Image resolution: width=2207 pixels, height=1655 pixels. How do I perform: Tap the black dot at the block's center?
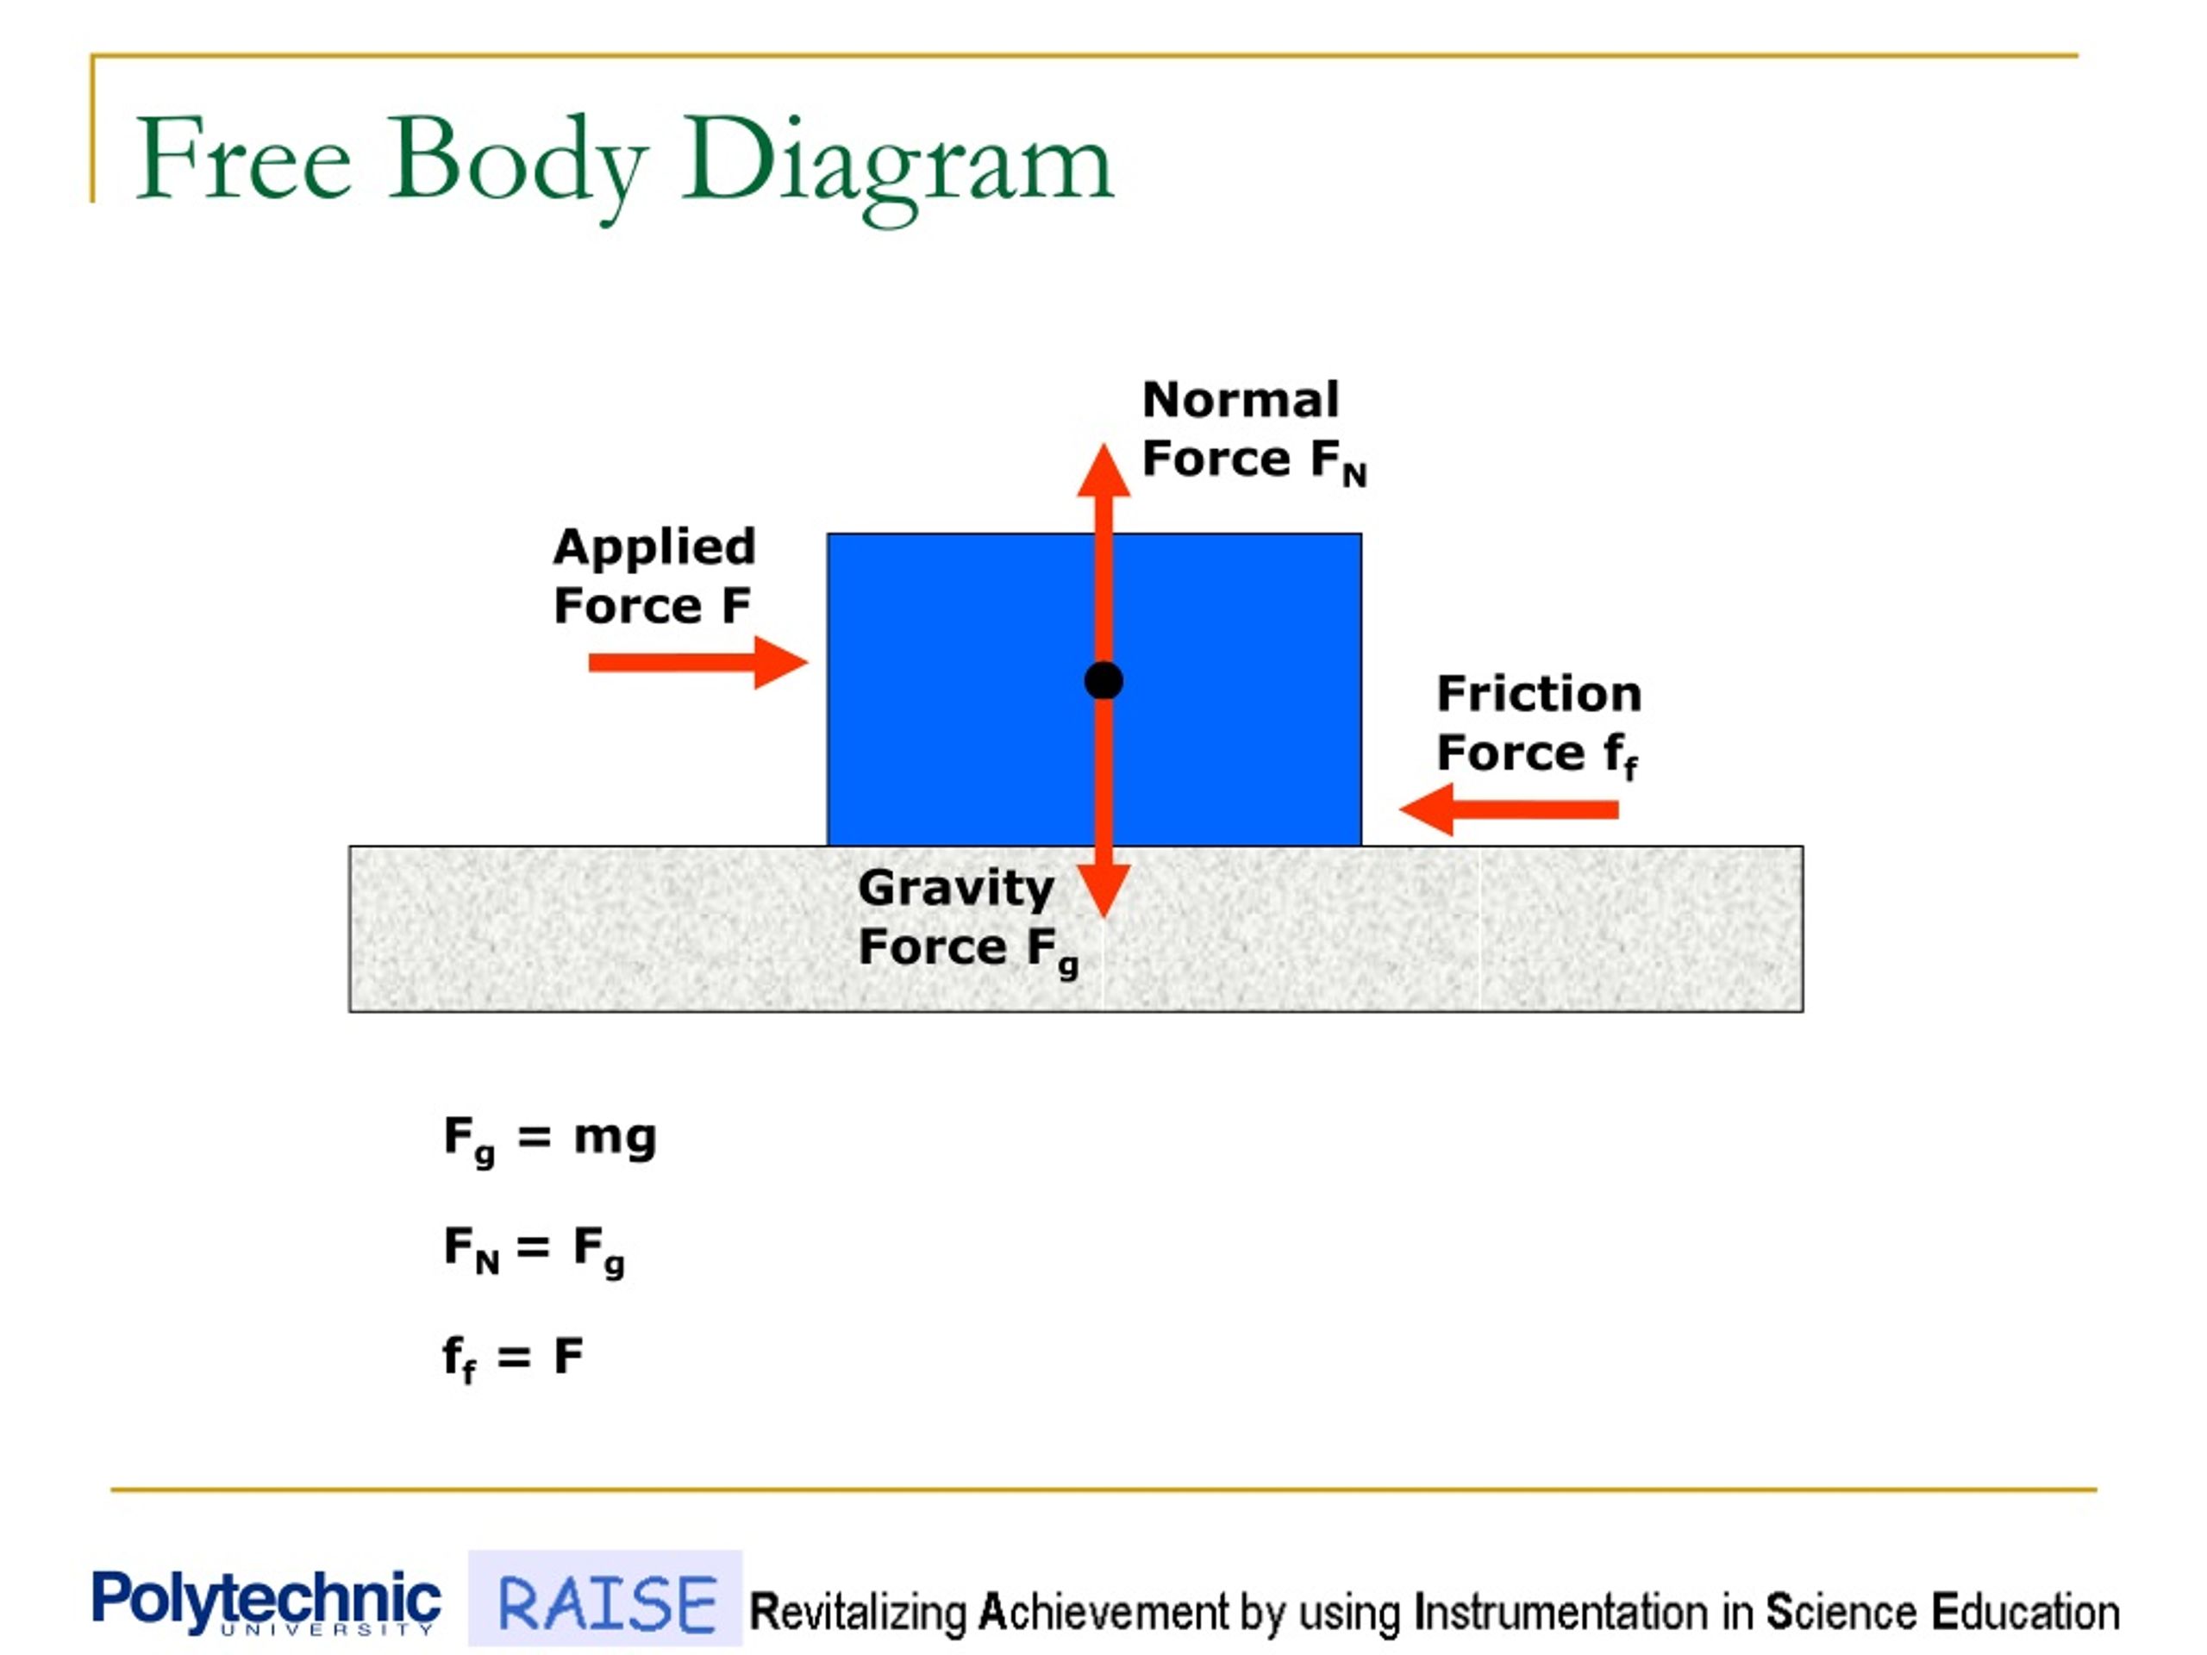(x=1103, y=680)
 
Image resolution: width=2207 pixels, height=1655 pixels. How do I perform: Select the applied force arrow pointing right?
(x=697, y=662)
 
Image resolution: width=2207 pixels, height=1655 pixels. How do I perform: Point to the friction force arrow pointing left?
(x=1509, y=809)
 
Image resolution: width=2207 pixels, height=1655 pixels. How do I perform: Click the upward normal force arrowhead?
(x=1103, y=470)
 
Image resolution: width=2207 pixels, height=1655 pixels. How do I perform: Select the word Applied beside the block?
(x=654, y=547)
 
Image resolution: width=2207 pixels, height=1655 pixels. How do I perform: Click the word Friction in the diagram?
(x=1539, y=693)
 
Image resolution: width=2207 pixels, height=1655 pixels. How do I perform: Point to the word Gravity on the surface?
(x=956, y=888)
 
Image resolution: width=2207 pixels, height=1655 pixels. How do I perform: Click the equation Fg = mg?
(x=550, y=1140)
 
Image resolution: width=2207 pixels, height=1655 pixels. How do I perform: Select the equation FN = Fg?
(x=534, y=1250)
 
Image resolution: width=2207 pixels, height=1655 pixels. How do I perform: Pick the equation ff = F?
(x=513, y=1358)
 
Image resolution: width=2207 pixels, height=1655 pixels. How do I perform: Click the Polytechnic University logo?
(x=266, y=1602)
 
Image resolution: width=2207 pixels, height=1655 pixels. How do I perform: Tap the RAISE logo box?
(x=604, y=1598)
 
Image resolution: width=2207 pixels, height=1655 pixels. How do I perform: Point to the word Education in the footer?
(x=2025, y=1612)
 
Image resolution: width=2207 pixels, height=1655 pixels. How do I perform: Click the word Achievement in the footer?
(x=1103, y=1612)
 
